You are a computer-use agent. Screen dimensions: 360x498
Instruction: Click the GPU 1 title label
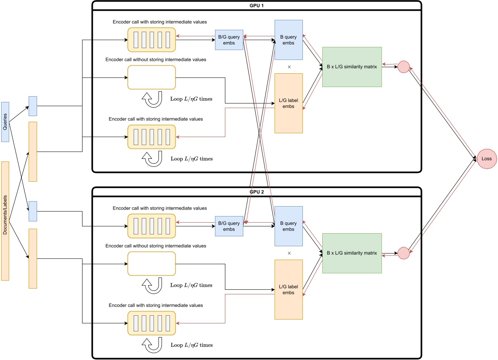(x=257, y=6)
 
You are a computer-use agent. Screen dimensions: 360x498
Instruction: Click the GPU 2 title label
(x=257, y=192)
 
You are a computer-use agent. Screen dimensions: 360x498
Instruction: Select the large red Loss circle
(x=487, y=159)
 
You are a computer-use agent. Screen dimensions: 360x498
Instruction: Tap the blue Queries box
(x=5, y=122)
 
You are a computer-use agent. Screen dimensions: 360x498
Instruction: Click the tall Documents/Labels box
(x=5, y=221)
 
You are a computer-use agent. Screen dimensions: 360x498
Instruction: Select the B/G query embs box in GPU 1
(x=229, y=40)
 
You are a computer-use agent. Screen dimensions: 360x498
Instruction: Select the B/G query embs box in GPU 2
(x=229, y=226)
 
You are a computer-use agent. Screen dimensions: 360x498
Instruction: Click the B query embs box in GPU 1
(x=288, y=40)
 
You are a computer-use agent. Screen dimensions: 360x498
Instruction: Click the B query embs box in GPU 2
(x=288, y=226)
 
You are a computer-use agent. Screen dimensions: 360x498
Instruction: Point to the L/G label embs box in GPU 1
(x=288, y=103)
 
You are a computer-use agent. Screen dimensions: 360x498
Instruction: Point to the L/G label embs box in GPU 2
(x=288, y=289)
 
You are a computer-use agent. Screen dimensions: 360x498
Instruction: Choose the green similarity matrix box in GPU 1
(x=352, y=67)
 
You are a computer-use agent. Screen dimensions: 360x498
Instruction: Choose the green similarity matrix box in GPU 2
(x=352, y=253)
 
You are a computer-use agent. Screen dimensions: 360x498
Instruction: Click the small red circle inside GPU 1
(x=403, y=67)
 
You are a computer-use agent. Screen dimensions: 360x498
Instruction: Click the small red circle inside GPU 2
(x=403, y=253)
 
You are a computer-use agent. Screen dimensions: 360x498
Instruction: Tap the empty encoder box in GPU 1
(x=152, y=77)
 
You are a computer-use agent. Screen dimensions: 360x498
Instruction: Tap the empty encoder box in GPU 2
(x=152, y=263)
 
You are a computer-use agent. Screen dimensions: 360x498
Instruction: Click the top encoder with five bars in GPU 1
(x=152, y=40)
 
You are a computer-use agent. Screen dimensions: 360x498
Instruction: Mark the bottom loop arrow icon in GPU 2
(x=152, y=346)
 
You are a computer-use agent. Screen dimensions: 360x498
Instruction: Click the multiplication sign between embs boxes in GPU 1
(x=289, y=67)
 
